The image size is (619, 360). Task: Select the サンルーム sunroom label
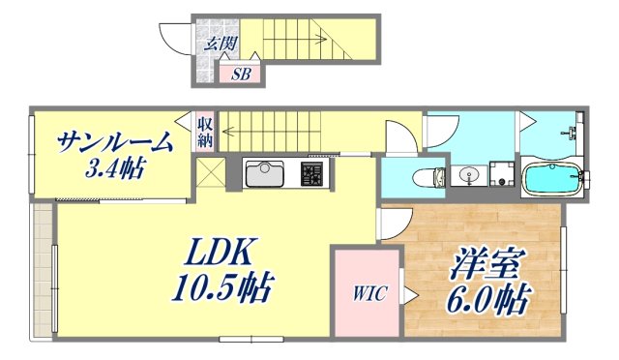click(x=115, y=142)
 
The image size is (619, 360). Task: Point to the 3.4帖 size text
click(x=114, y=169)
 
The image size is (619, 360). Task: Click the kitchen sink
click(x=263, y=175)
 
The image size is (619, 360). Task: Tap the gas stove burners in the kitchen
click(x=314, y=175)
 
